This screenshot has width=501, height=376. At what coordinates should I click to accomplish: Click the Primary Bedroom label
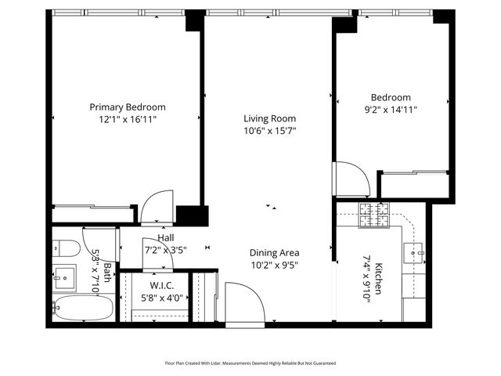[128, 107]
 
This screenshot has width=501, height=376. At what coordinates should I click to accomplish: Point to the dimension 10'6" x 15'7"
[269, 131]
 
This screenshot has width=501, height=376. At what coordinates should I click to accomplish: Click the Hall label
[166, 238]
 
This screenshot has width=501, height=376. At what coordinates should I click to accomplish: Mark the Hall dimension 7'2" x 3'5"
[166, 250]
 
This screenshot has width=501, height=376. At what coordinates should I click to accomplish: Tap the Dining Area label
[274, 253]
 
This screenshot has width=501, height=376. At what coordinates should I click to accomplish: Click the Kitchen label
[377, 278]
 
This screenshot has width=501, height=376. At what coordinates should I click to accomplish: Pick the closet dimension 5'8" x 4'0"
[160, 298]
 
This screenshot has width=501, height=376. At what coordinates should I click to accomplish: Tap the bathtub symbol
[85, 309]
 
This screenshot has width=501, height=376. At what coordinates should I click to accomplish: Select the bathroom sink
[65, 277]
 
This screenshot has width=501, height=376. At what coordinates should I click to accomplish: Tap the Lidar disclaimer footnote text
[250, 363]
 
